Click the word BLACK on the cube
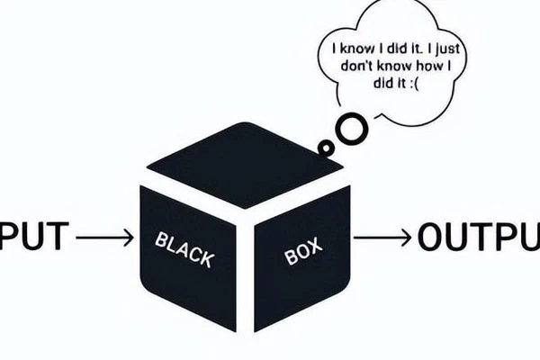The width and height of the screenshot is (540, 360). point(184,249)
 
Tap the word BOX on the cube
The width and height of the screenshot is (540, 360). point(303,250)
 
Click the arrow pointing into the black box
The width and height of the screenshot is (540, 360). point(104,238)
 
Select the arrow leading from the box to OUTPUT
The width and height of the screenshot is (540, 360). point(382,238)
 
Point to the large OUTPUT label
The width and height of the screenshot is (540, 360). point(479,237)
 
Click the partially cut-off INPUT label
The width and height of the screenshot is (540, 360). point(34,237)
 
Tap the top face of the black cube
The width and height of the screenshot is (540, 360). point(245,166)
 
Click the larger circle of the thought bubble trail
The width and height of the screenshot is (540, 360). point(352,129)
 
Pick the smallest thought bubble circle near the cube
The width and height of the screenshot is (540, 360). point(325,147)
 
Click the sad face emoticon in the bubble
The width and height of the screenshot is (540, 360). point(415,84)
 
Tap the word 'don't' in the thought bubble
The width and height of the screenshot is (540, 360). point(357,66)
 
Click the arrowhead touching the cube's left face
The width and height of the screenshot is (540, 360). point(129,238)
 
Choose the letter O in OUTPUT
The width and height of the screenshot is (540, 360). point(431,237)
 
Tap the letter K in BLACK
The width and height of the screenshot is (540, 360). point(207,258)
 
